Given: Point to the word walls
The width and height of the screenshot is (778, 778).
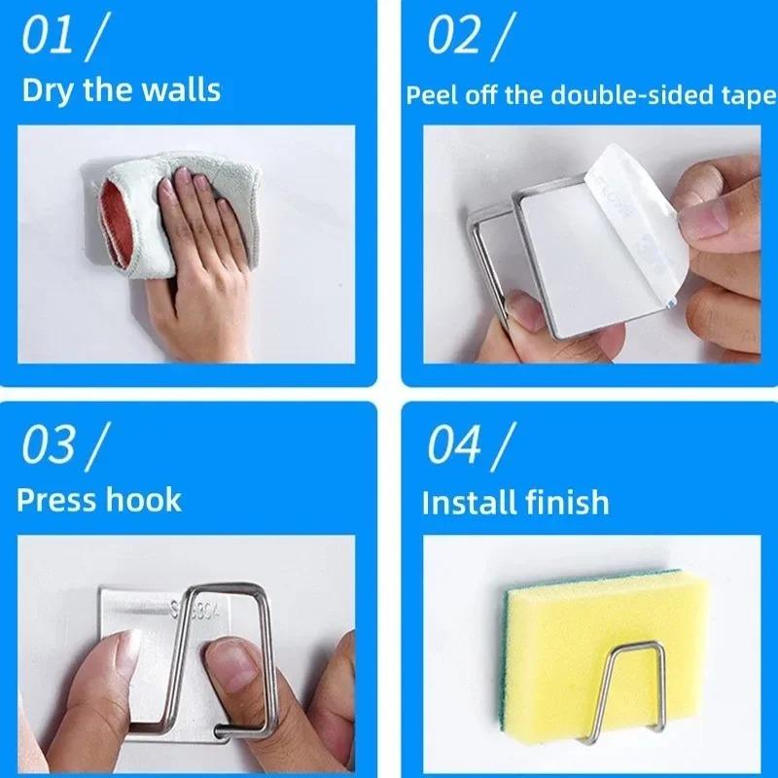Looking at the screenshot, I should [x=181, y=90].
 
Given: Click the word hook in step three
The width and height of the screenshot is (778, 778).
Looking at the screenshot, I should [x=144, y=500].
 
